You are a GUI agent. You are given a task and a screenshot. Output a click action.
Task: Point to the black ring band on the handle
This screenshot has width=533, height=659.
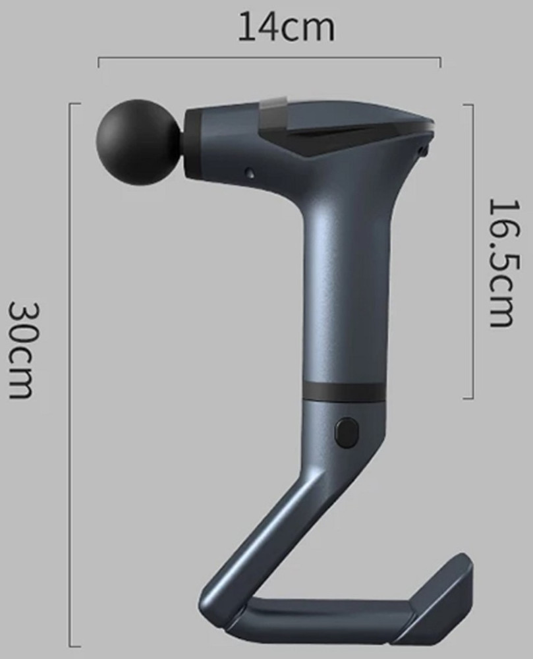[343, 391]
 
